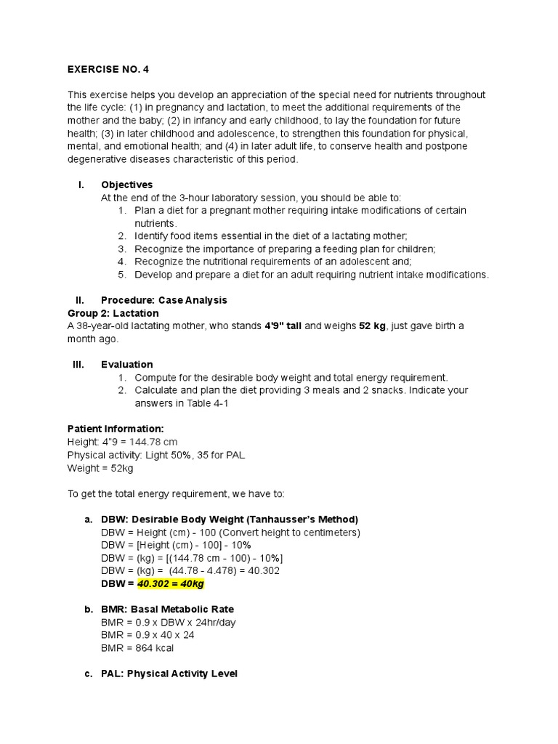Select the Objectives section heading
coord(127,185)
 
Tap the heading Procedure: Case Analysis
coord(164,300)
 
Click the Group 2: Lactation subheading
coord(113,313)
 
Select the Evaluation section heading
coord(127,365)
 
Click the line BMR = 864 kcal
coord(137,648)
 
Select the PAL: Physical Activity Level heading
coord(169,674)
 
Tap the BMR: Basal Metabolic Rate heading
coord(168,609)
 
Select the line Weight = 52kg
coord(100,468)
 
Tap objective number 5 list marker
coord(121,275)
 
